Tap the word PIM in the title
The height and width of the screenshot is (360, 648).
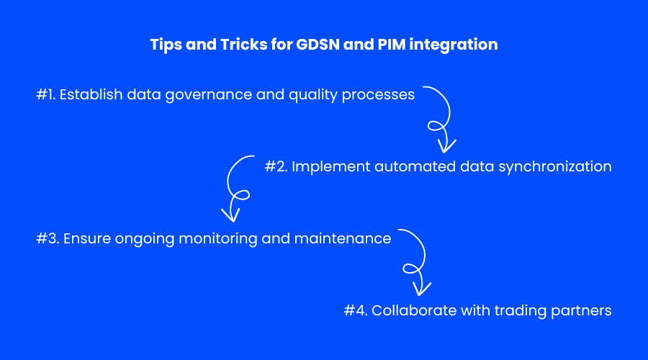[392, 44]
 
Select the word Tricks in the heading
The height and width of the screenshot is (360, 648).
[244, 44]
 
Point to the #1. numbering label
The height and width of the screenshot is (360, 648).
[46, 94]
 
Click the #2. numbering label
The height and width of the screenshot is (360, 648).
[276, 166]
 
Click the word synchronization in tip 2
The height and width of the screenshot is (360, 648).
[555, 167]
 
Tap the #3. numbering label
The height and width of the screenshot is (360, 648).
[48, 238]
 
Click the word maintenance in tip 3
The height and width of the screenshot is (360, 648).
[343, 238]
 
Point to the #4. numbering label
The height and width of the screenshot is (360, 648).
[356, 310]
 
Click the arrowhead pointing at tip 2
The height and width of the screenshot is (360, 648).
[446, 146]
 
